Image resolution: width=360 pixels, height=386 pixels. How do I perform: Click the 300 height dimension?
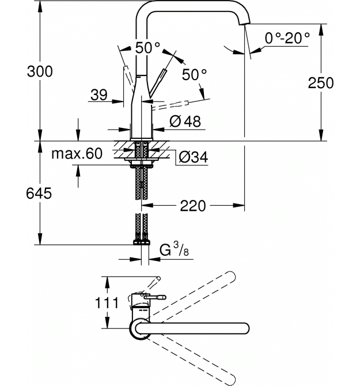(40, 71)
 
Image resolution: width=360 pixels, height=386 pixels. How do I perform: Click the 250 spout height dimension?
(321, 83)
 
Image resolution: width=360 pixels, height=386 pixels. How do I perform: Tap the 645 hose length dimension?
(39, 193)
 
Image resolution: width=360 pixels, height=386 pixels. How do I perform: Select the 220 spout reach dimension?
(193, 206)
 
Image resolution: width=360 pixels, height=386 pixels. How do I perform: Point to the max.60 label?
(77, 153)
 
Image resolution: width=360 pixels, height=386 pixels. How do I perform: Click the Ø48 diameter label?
(185, 121)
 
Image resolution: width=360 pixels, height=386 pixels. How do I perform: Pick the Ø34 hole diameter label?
(193, 157)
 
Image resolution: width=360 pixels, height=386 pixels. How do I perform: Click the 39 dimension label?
(99, 95)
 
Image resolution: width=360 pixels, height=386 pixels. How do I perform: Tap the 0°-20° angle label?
(287, 38)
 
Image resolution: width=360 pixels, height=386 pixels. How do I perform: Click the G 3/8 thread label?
(174, 249)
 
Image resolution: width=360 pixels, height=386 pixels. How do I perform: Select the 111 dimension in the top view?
(107, 302)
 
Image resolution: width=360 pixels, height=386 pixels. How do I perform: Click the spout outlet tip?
(244, 24)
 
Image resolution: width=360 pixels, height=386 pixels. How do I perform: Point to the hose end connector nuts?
(142, 242)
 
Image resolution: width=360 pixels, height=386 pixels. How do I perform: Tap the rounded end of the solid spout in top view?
(245, 328)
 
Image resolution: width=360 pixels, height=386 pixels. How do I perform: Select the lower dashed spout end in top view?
(231, 380)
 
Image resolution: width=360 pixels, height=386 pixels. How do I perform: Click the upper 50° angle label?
(147, 47)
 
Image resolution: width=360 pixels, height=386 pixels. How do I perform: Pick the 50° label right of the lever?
(194, 74)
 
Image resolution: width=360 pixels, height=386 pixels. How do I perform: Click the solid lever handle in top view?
(155, 297)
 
